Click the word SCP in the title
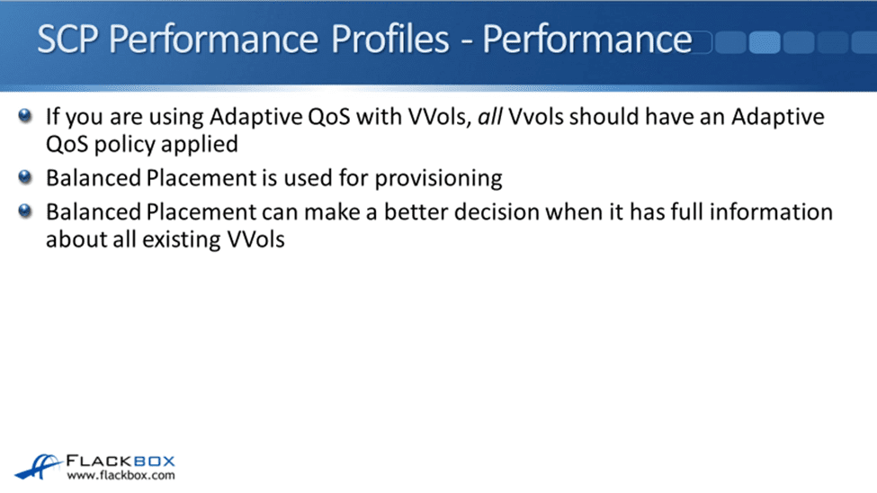pos(67,40)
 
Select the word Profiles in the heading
pos(389,40)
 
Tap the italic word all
pos(490,116)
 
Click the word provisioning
pos(439,179)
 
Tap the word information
pos(771,212)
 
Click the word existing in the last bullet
pos(182,240)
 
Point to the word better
pos(416,212)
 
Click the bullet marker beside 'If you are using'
pos(24,116)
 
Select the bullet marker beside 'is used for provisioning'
pos(24,177)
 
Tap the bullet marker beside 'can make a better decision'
pos(24,211)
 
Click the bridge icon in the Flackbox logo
pos(38,467)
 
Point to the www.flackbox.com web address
pos(121,476)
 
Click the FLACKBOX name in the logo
pos(121,462)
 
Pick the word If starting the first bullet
pos(52,116)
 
